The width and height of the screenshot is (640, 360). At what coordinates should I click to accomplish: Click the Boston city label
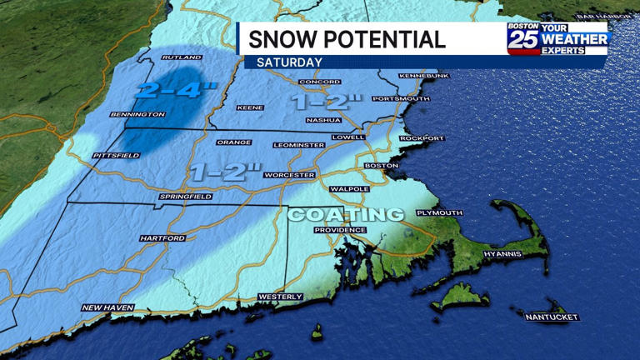point(382,165)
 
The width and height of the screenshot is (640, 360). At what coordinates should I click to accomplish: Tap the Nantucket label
point(551,317)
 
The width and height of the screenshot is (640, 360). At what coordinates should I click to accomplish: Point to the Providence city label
point(340,230)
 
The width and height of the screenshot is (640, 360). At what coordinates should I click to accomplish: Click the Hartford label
point(162,238)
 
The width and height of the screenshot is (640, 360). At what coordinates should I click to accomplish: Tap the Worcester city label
point(289,176)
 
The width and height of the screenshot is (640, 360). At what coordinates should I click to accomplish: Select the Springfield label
point(185,197)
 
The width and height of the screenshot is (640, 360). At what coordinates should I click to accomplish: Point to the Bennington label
point(137,113)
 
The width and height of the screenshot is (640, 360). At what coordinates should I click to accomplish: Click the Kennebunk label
point(424,76)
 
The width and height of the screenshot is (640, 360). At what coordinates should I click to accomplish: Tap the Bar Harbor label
point(600,16)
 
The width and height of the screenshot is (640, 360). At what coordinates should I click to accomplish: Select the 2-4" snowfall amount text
point(170,89)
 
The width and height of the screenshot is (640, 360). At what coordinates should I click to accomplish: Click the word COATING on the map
point(345,214)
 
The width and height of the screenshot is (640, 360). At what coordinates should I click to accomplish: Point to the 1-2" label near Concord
point(327,102)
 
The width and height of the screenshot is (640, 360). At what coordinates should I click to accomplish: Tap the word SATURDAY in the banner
point(289,62)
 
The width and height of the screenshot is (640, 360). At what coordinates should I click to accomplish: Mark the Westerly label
point(274,296)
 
